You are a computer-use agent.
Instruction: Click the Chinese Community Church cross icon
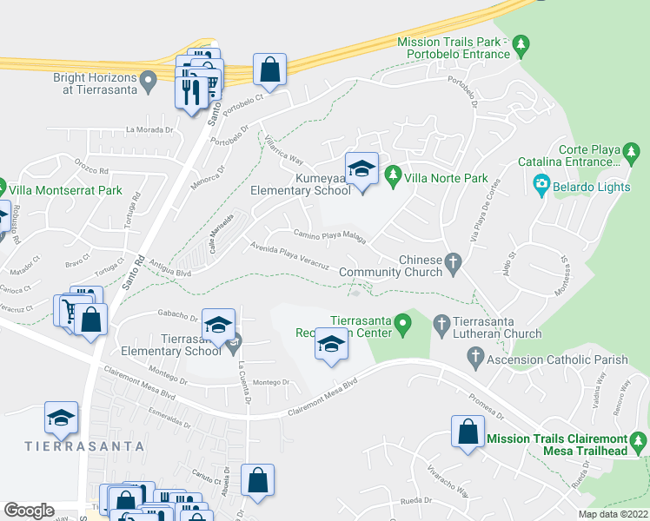452,261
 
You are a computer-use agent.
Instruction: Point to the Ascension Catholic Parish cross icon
475,355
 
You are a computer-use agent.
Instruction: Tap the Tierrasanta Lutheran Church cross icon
440,322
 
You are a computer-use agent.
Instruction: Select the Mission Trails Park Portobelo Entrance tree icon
521,43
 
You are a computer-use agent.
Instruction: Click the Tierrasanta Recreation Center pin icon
401,326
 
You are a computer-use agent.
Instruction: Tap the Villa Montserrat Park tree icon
3,186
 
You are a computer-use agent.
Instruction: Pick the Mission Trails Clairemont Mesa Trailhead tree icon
640,445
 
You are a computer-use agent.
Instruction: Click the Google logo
30,511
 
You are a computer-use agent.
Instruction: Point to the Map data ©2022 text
613,514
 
